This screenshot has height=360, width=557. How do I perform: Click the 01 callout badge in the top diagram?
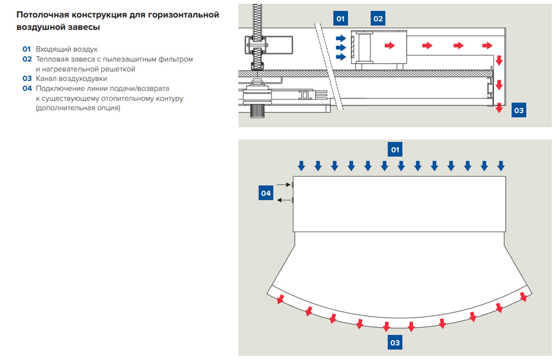click(341, 19)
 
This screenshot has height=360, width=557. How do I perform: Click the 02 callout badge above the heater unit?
click(378, 19)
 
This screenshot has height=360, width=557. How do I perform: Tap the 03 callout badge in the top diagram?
click(519, 110)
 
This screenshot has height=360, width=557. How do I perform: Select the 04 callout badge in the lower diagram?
click(266, 193)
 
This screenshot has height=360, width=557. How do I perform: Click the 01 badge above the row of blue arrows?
click(395, 149)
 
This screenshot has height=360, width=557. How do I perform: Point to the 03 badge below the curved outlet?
click(395, 343)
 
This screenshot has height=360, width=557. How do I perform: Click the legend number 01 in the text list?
click(27, 49)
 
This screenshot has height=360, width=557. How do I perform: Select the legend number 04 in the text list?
click(27, 88)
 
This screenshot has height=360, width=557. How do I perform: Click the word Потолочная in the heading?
click(41, 14)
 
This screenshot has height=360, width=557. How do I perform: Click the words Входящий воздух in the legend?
click(66, 49)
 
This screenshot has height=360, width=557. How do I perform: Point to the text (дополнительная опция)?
click(77, 108)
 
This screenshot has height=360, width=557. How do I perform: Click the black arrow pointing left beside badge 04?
click(284, 200)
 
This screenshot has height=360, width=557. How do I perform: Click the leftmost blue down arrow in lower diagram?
click(301, 166)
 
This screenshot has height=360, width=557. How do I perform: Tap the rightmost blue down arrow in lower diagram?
click(501, 166)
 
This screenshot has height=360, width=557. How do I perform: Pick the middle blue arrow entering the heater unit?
click(340, 47)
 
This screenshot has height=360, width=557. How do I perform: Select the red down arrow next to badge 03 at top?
click(500, 108)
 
